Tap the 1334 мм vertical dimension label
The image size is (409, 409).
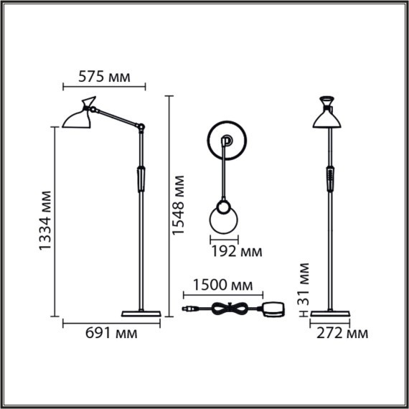tap(47, 219)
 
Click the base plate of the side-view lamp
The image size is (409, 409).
tap(140, 313)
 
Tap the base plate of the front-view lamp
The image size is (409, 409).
tap(329, 313)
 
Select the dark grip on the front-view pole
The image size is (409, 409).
tap(329, 177)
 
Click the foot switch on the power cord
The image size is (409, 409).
tap(273, 309)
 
